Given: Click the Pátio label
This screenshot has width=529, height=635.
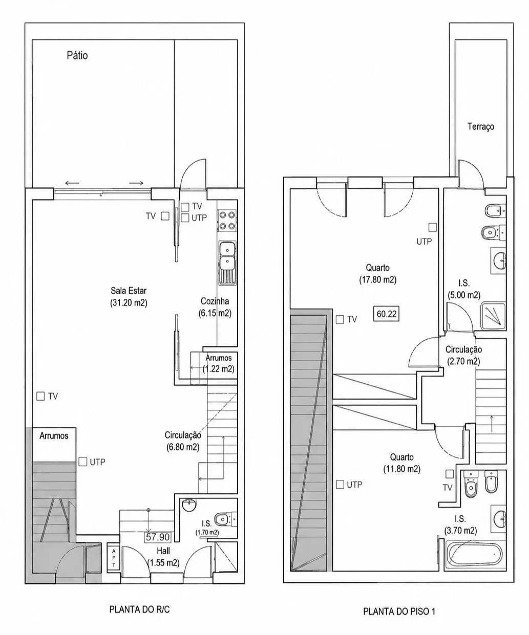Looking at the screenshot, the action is coord(77,56).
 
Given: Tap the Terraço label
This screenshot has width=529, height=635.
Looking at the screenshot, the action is coord(481,126).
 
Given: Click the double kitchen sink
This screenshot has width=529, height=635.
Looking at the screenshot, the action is coord(227,263).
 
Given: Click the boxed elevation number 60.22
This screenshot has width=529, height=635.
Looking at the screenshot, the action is coord(386,314).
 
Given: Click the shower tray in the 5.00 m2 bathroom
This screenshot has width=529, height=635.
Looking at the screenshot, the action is coord(493,316).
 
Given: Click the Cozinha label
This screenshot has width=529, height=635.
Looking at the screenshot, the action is coord(215,301).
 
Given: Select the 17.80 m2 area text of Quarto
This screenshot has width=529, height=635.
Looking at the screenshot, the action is coord(378,279).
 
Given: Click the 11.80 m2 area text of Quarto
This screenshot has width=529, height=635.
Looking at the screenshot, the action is coord(402,469).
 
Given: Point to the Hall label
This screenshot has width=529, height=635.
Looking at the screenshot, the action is coord(163,551).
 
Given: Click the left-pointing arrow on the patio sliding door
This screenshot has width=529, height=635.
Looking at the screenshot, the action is coord(72,183).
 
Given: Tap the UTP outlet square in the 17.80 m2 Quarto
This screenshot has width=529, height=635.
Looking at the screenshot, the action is coord(433,227).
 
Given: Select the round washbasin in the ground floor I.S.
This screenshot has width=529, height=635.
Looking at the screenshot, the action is coord(189,505).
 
